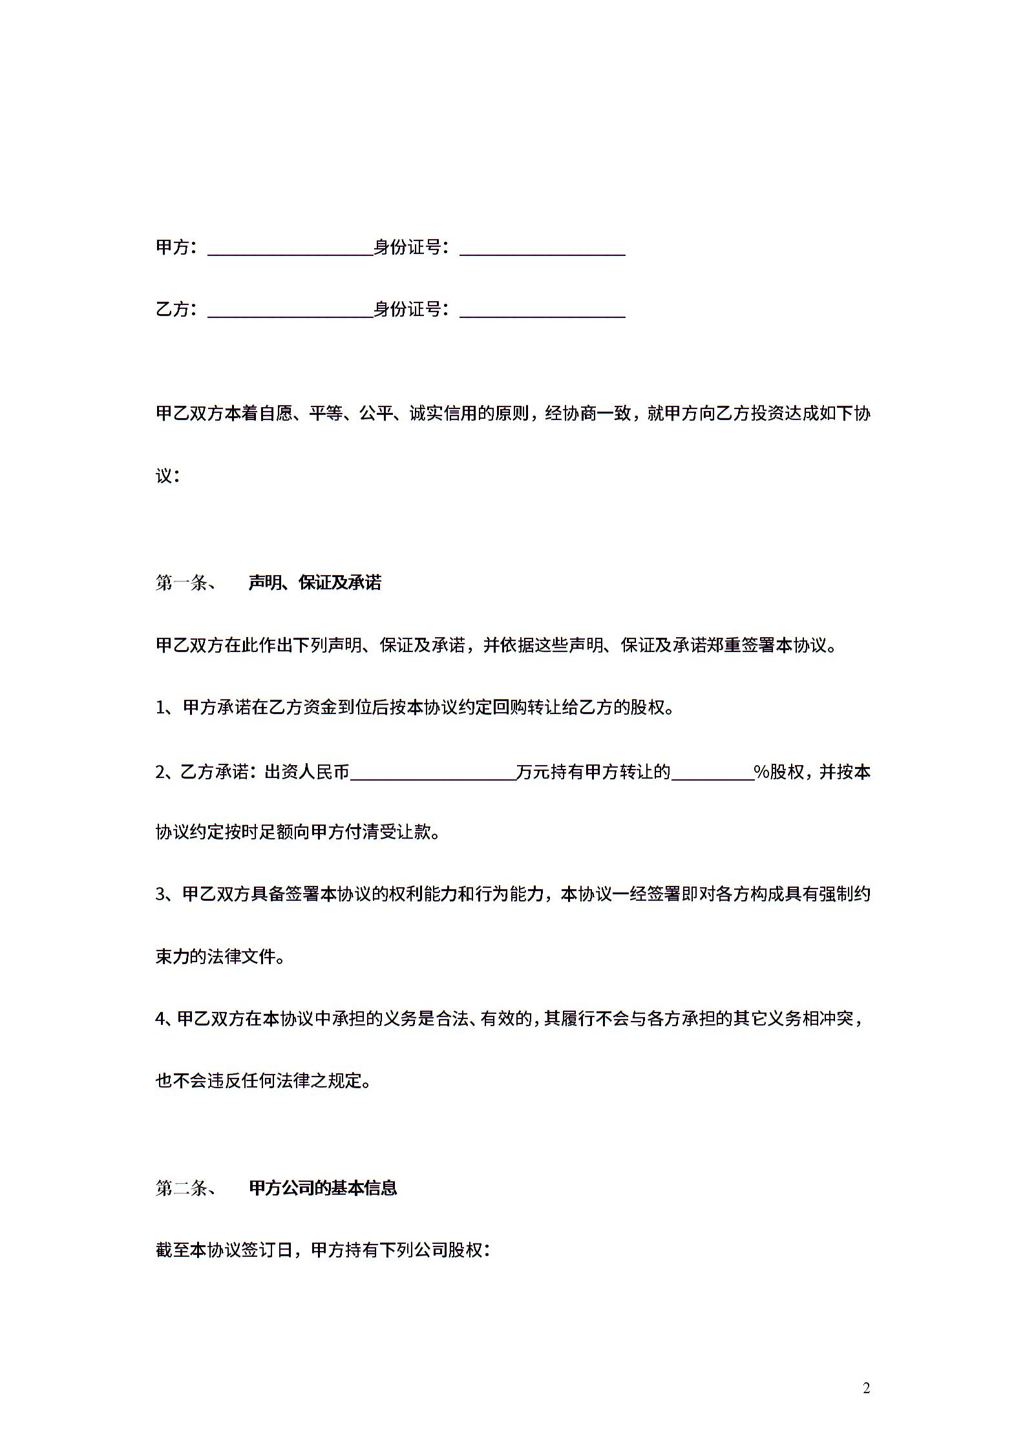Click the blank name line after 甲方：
(x=290, y=249)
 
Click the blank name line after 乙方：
(x=290, y=311)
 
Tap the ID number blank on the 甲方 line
(x=542, y=249)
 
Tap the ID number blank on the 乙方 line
(x=542, y=311)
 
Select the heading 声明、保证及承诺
(x=315, y=583)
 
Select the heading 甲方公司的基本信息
(x=322, y=1188)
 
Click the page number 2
(x=867, y=1388)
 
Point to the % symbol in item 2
(x=761, y=772)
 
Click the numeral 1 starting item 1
(x=161, y=708)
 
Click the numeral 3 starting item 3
(x=161, y=895)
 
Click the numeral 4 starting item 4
(x=161, y=1019)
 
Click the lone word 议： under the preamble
(x=167, y=476)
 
